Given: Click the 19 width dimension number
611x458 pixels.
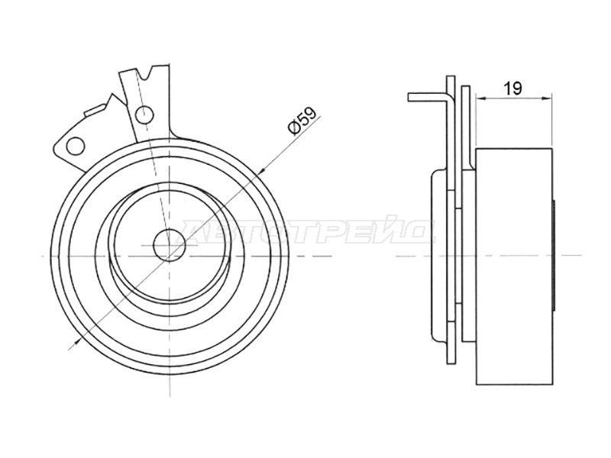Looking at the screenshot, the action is pyautogui.click(x=512, y=89).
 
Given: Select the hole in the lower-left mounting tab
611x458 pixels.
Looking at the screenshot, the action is pyautogui.click(x=75, y=146).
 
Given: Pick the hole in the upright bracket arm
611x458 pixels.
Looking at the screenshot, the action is pyautogui.click(x=144, y=114).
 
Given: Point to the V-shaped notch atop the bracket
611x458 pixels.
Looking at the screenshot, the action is pyautogui.click(x=147, y=73).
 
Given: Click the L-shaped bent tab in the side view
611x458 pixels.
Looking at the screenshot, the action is pyautogui.click(x=431, y=98).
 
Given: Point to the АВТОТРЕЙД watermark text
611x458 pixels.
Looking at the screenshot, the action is pyautogui.click(x=308, y=233).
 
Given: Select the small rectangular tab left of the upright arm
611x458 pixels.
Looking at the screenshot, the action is pyautogui.click(x=94, y=109).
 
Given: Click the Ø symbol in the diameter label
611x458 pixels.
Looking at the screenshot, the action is pyautogui.click(x=294, y=127).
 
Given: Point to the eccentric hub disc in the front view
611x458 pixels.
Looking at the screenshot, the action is pyautogui.click(x=169, y=244).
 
